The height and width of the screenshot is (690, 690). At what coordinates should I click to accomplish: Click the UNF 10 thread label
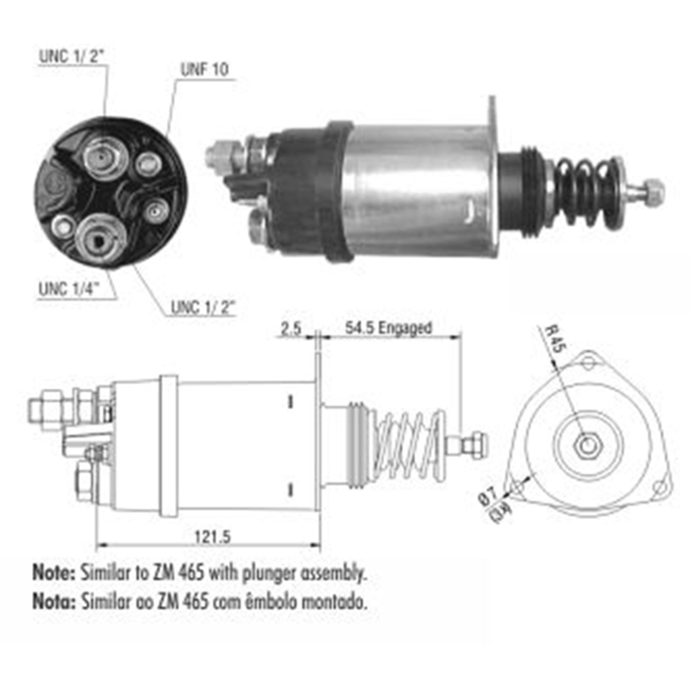(204, 69)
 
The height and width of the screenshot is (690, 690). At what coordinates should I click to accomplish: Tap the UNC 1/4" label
(69, 289)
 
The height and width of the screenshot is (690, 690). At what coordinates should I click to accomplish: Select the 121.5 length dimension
(212, 536)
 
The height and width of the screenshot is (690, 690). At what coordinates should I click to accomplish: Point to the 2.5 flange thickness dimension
(291, 328)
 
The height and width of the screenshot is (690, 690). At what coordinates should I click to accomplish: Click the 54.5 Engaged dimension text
(389, 328)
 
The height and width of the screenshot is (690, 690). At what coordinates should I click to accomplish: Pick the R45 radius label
(554, 339)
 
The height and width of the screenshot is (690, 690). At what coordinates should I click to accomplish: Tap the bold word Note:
(53, 573)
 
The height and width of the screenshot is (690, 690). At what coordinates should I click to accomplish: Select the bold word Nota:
(53, 601)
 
